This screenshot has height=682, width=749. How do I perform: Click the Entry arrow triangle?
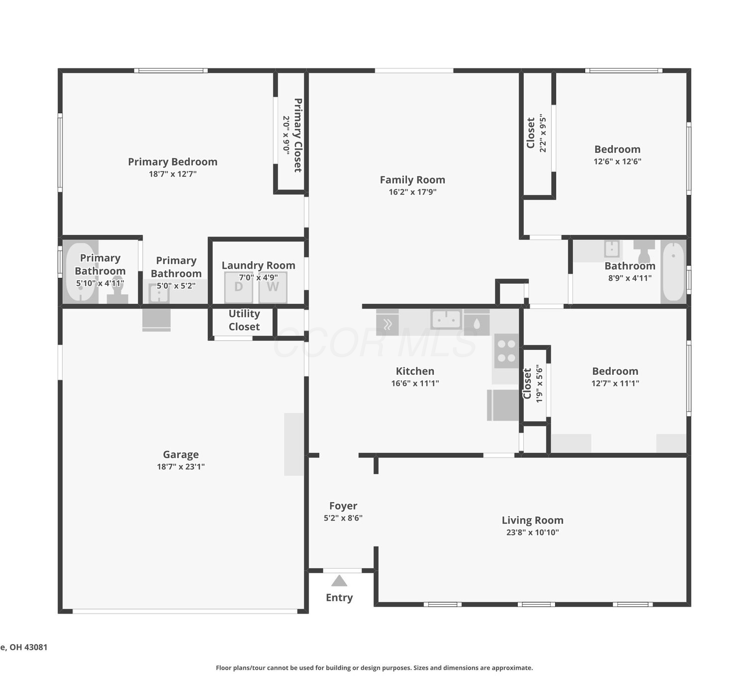[339, 581]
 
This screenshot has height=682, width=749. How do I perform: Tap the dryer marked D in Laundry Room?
[239, 287]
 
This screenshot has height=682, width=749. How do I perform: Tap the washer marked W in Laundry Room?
[273, 287]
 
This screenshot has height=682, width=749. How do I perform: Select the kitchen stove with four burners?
[507, 351]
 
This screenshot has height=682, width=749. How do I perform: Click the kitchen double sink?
[446, 319]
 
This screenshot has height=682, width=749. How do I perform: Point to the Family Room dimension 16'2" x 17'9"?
[412, 192]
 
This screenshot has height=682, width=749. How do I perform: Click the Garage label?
[181, 455]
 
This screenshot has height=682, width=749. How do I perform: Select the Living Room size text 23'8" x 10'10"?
[532, 532]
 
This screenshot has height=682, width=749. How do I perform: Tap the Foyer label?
[343, 506]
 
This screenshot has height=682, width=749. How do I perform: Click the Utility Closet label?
[244, 320]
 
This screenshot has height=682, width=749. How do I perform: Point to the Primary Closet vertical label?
[298, 135]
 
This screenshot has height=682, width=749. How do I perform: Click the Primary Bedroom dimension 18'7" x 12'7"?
[172, 174]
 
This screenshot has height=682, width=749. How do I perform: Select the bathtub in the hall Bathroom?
[673, 271]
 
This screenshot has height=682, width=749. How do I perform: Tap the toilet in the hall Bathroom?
[644, 251]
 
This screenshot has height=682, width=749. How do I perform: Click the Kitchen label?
[415, 371]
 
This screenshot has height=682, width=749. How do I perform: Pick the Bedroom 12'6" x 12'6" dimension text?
[618, 161]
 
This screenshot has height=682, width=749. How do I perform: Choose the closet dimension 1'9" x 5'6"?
[539, 383]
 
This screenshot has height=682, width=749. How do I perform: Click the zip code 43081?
[36, 647]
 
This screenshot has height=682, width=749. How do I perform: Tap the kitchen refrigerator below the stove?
[503, 405]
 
